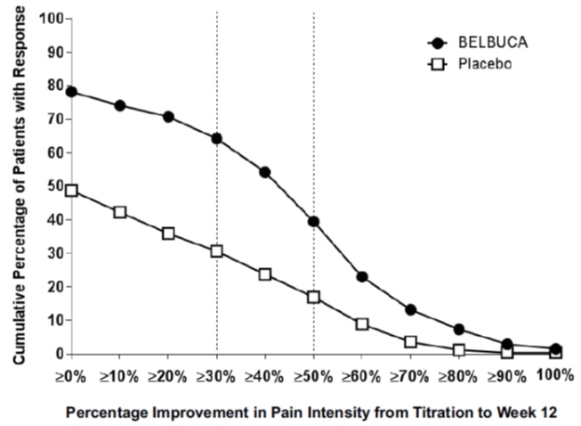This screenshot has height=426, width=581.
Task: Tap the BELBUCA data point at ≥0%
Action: point(71,91)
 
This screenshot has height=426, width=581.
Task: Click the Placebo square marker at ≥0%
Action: point(71,190)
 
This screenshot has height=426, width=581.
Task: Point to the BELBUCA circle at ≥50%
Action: point(313,221)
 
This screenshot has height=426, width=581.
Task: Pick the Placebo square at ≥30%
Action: point(216,250)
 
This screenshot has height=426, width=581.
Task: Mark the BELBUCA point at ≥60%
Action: point(362,276)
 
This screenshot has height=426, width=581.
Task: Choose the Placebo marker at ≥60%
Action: point(362,324)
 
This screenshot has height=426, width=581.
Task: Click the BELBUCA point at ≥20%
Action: point(168,116)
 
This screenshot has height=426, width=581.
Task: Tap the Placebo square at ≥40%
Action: point(265,274)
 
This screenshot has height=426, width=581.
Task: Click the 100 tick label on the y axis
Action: point(50,18)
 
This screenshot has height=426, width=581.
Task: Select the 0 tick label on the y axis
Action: point(56,354)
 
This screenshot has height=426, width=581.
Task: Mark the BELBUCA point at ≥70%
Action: point(411,309)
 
